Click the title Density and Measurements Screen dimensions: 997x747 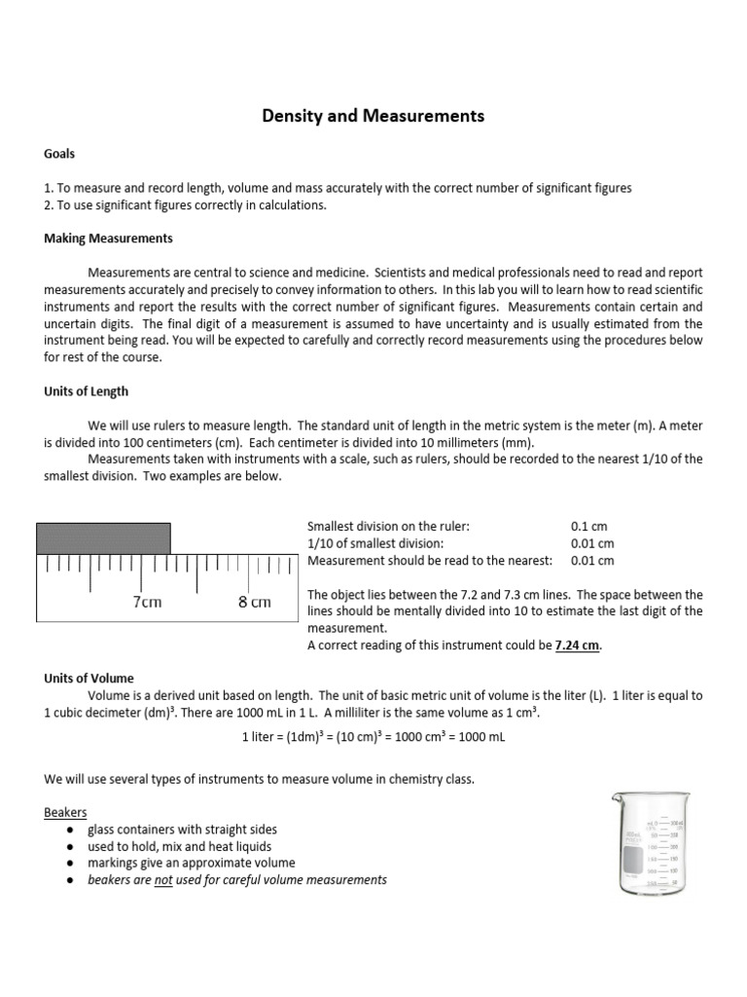[x=373, y=117]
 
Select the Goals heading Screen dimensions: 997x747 [x=59, y=154]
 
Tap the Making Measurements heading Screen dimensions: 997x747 [x=108, y=239]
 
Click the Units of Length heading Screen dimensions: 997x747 [x=86, y=391]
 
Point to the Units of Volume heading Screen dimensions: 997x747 [x=89, y=678]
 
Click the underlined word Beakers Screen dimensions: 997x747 [x=65, y=812]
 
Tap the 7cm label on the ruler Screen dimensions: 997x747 [x=147, y=602]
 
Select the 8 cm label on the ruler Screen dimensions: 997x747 [x=254, y=602]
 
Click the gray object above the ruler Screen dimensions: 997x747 [x=103, y=537]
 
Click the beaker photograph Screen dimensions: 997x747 [x=653, y=843]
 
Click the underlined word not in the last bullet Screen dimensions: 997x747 [x=163, y=880]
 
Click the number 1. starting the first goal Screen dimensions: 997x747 [x=50, y=188]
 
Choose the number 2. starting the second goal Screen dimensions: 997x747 [x=50, y=204]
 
